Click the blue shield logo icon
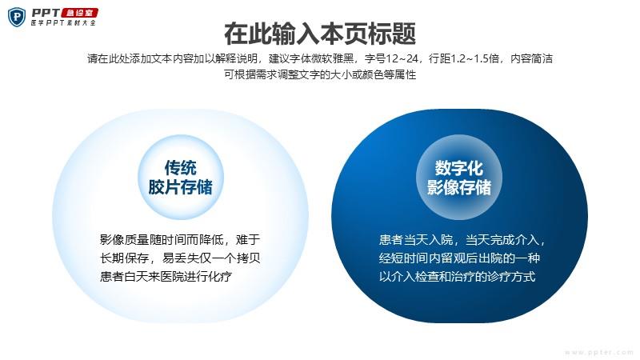click(x=17, y=17)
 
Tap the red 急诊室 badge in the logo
click(x=79, y=14)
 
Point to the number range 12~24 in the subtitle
click(x=402, y=58)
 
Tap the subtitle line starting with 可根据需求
click(x=319, y=74)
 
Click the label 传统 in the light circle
click(x=181, y=168)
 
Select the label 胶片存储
click(x=181, y=187)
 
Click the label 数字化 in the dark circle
click(x=458, y=168)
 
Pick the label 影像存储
click(x=458, y=187)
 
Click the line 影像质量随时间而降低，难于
click(x=180, y=239)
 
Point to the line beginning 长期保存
click(x=180, y=258)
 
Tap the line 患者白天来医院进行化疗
click(x=166, y=277)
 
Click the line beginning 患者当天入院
click(x=462, y=239)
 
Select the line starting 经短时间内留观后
click(x=459, y=258)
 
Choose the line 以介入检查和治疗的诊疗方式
click(x=457, y=277)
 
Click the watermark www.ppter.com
click(x=599, y=352)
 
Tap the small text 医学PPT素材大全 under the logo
click(x=63, y=23)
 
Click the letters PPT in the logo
click(x=46, y=13)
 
